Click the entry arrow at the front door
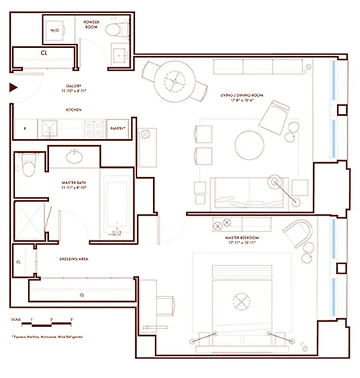[13, 87]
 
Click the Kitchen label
[73, 110]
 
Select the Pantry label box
[118, 129]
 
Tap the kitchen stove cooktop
[94, 129]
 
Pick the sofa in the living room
[243, 193]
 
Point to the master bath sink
[74, 156]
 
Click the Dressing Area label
[74, 259]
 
